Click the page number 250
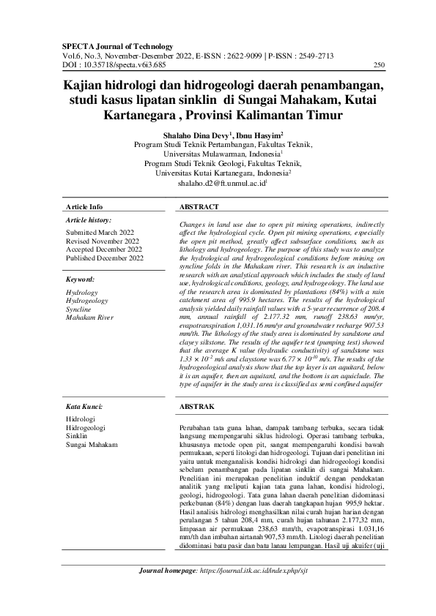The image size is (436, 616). pyautogui.click(x=379, y=65)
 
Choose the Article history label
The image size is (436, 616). pyautogui.click(x=89, y=219)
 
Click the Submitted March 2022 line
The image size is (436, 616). pyautogui.click(x=100, y=232)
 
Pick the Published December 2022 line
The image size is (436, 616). pyautogui.click(x=105, y=258)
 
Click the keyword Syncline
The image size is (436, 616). pyautogui.click(x=79, y=309)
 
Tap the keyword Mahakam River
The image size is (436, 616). pyautogui.click(x=90, y=318)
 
